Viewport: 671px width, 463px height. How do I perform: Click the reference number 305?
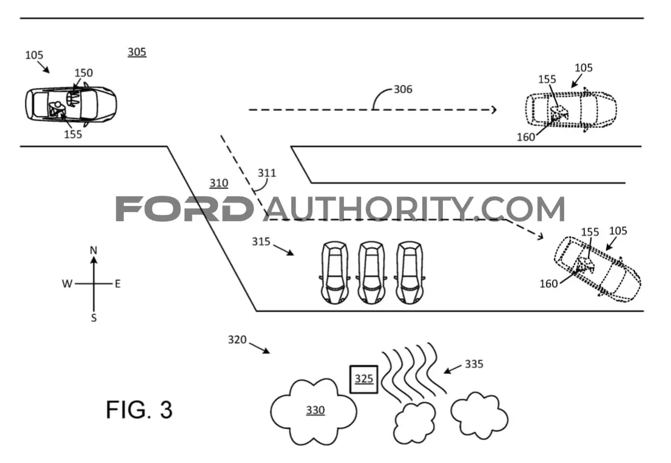(x=137, y=52)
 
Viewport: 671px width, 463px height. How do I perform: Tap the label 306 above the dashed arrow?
(x=403, y=89)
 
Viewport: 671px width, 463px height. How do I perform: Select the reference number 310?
(x=218, y=183)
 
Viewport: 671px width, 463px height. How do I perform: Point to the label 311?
(x=266, y=173)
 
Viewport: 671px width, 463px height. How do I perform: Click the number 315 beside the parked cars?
(x=261, y=242)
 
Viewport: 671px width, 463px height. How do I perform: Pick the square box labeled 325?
(x=364, y=379)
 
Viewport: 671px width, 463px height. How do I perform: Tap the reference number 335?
(x=474, y=364)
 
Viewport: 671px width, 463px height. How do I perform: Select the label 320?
(x=237, y=339)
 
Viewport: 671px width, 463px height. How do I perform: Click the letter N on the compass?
(x=93, y=250)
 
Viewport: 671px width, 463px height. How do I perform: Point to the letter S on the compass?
(x=93, y=318)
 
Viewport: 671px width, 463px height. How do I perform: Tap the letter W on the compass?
(x=67, y=284)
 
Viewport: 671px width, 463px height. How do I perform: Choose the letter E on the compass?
(x=118, y=284)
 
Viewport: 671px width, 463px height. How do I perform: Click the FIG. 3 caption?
(x=139, y=410)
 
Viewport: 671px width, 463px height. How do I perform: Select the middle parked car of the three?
(x=371, y=272)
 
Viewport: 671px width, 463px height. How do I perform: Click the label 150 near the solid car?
(x=84, y=73)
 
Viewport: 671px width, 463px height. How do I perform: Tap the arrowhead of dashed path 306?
(x=494, y=110)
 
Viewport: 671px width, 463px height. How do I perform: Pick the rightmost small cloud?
(x=479, y=416)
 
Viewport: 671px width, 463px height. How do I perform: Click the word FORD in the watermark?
(x=184, y=208)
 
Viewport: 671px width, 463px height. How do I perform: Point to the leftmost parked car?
(x=335, y=272)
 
